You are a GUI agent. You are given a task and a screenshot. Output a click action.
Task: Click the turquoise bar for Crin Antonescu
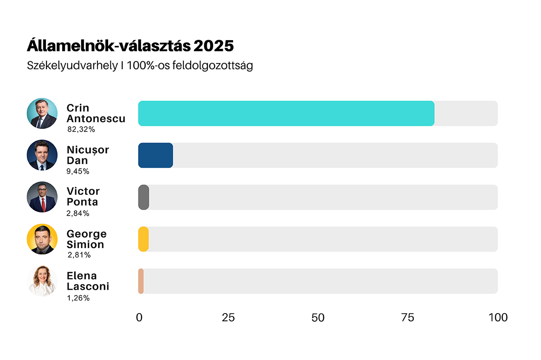(x=286, y=113)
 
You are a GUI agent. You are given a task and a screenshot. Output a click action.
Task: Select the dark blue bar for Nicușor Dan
(x=156, y=155)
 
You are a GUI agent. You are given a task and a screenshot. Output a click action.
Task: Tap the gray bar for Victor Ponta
(x=143, y=197)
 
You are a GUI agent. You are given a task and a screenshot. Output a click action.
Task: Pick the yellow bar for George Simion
(x=143, y=239)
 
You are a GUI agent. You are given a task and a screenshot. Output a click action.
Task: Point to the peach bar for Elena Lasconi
(x=141, y=281)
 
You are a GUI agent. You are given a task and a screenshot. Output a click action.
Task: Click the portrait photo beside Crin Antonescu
(x=42, y=113)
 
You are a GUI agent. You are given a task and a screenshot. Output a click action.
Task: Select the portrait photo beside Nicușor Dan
(x=42, y=155)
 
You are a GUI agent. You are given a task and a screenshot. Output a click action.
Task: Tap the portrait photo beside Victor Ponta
(x=42, y=197)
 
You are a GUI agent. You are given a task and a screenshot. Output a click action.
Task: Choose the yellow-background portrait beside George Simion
(x=42, y=239)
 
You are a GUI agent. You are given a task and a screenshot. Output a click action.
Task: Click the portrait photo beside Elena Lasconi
(x=42, y=281)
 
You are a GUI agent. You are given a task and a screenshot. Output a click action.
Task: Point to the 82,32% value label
(x=81, y=129)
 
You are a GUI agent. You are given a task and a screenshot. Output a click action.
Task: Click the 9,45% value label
(x=78, y=171)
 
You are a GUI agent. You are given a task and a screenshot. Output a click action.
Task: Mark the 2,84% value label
(x=78, y=213)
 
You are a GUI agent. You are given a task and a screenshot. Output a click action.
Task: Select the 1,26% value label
(x=78, y=298)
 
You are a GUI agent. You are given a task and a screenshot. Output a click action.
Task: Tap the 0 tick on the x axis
(x=139, y=318)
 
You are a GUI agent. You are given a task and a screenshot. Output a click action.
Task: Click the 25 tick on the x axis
(x=228, y=318)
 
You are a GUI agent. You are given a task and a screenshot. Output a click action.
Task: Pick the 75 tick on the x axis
(x=408, y=318)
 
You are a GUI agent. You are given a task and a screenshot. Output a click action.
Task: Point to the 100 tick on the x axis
(x=498, y=318)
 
